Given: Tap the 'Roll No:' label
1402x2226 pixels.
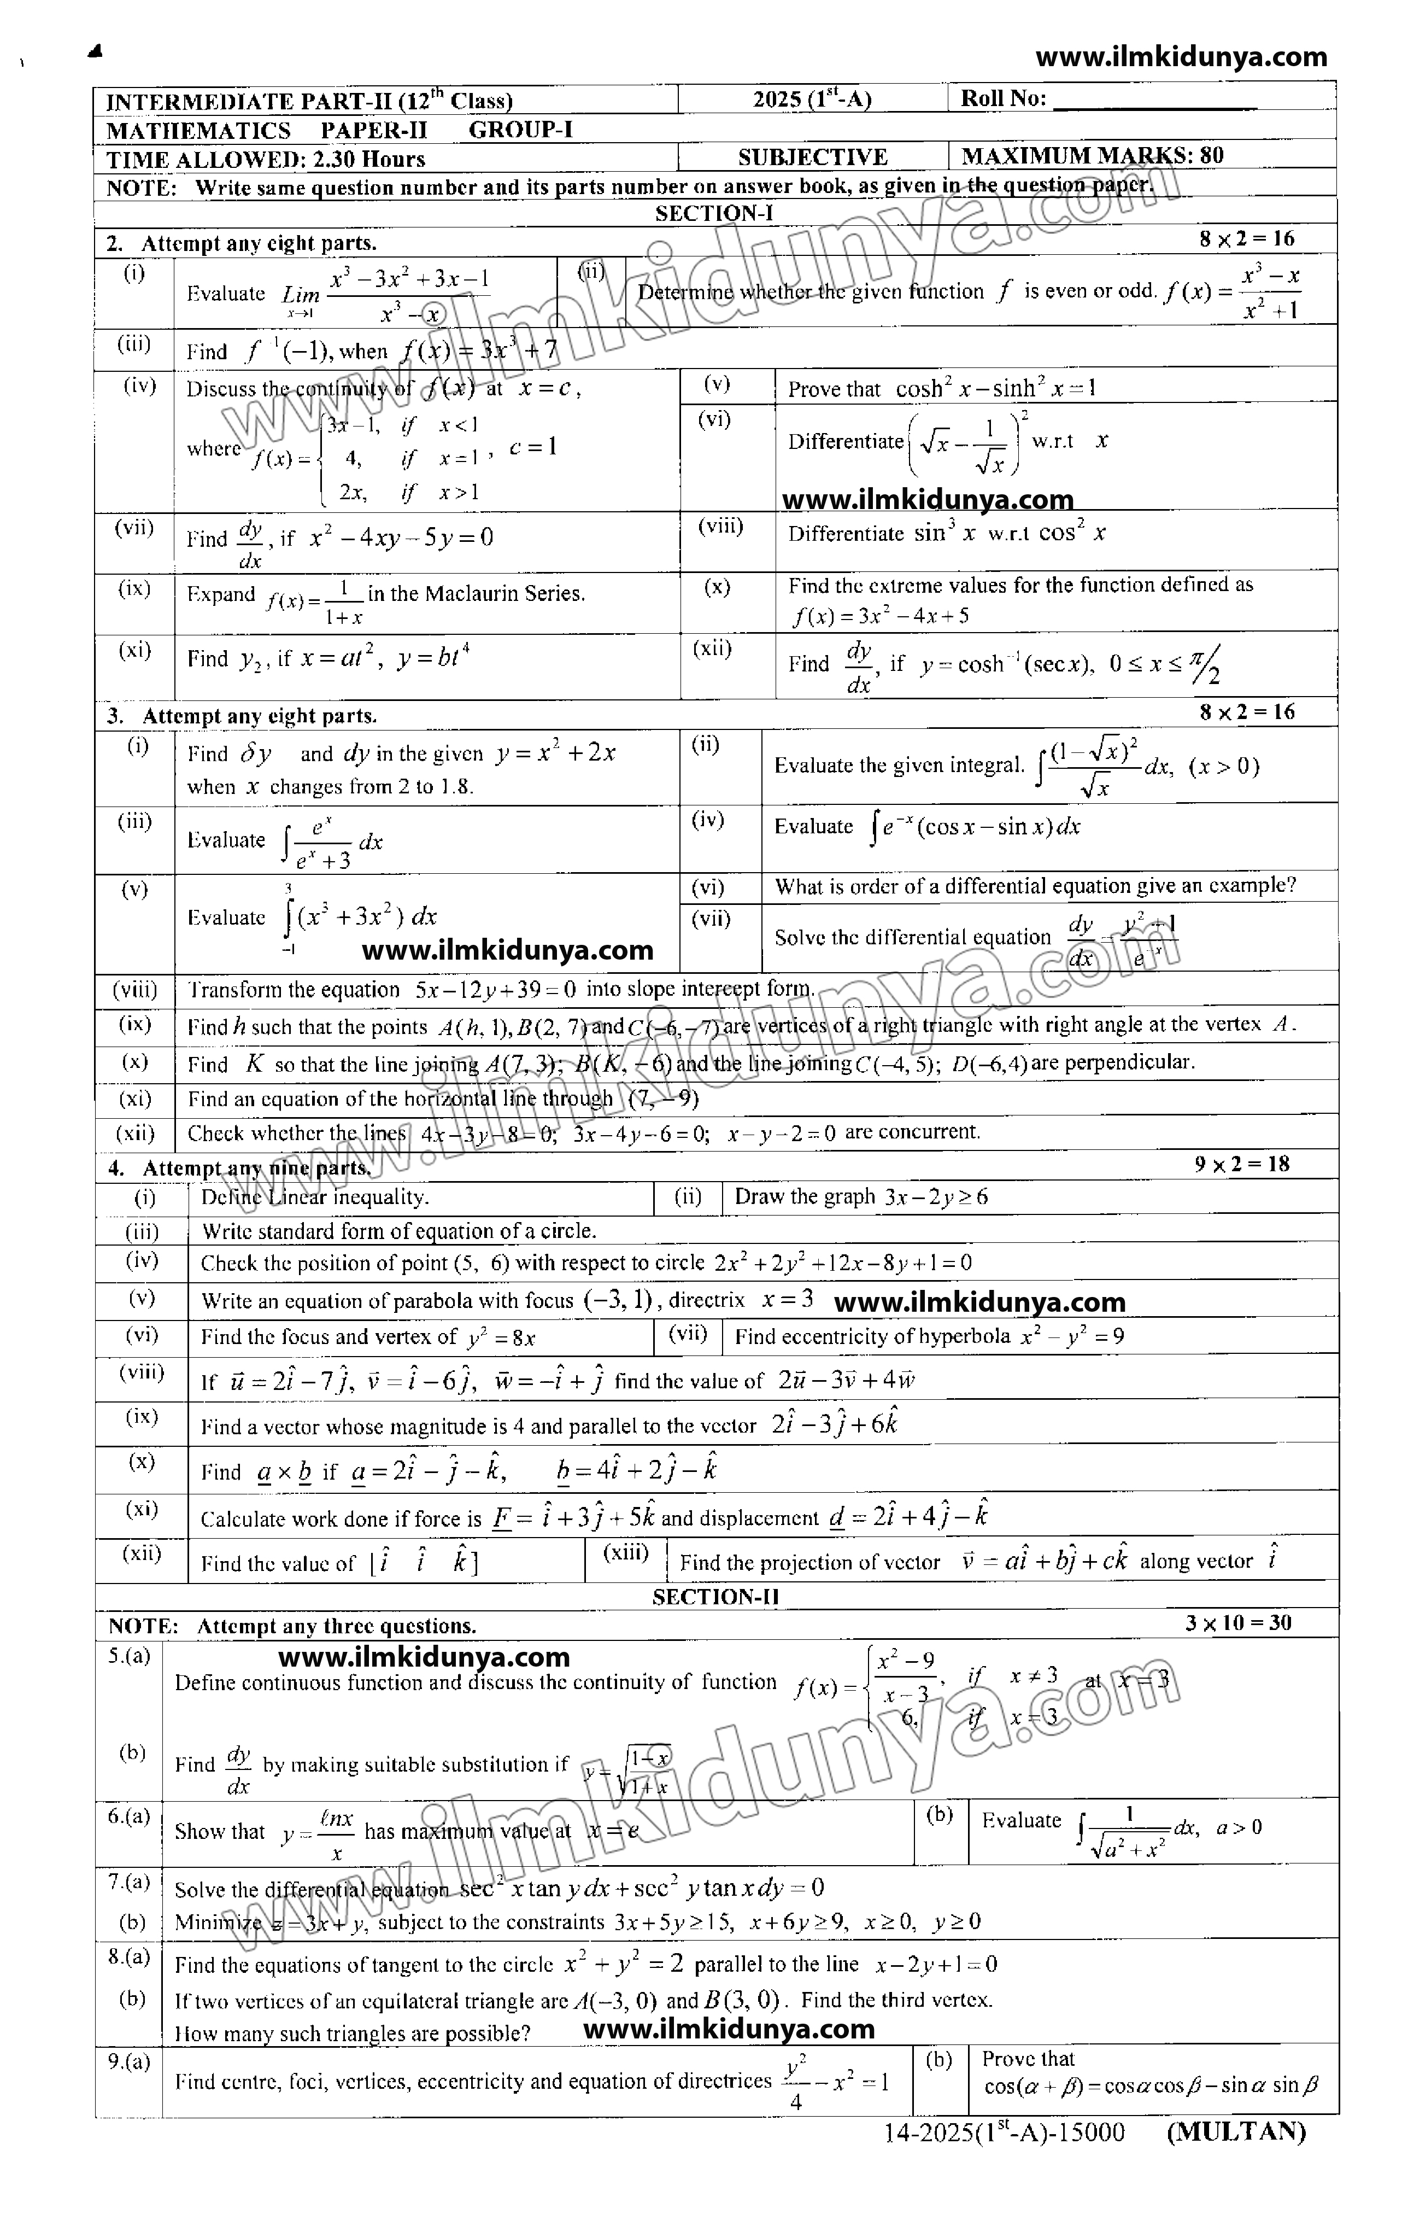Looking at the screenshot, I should [1004, 99].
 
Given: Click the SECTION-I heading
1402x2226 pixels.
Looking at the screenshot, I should [713, 214].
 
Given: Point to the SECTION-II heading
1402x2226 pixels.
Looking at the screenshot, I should [715, 1597].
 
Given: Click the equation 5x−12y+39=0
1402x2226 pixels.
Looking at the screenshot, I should [495, 990].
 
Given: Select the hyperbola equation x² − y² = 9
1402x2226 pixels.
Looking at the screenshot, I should [1071, 1337].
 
